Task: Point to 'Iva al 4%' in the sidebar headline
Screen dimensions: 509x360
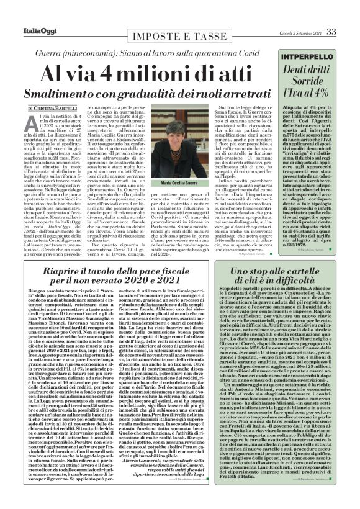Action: click(x=308, y=94)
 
